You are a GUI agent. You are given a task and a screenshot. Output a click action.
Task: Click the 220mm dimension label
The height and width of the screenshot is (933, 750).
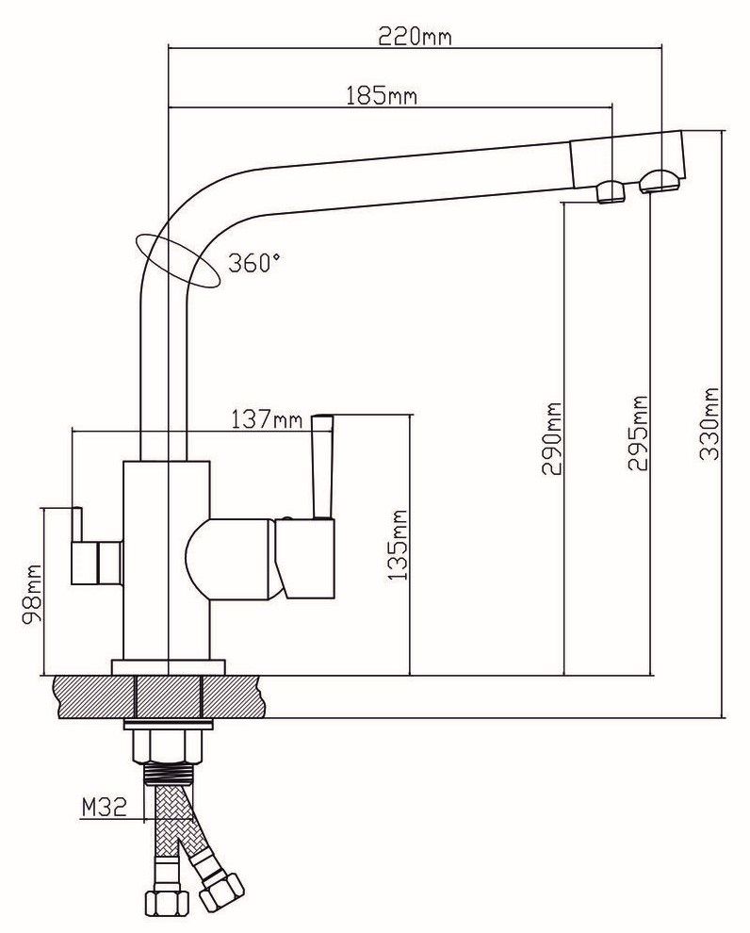pos(415,37)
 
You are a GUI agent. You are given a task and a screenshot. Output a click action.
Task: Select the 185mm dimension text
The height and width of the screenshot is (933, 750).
pos(381,95)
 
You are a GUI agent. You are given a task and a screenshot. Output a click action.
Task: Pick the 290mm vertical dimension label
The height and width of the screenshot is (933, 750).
pos(551,438)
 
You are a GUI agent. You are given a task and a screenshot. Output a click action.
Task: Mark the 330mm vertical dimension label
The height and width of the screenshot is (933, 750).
pos(709,423)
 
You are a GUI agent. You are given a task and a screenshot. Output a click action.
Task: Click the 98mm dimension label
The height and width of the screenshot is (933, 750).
pos(34,596)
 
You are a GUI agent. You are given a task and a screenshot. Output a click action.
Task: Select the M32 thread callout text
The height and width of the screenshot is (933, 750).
pos(103,807)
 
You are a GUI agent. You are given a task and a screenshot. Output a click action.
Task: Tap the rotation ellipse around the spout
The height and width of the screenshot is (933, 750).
pos(179,259)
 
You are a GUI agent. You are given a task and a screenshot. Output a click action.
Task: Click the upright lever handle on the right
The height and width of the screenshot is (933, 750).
pos(322,466)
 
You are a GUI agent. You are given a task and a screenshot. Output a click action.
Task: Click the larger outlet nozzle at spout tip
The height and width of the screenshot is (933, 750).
pos(658,181)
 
